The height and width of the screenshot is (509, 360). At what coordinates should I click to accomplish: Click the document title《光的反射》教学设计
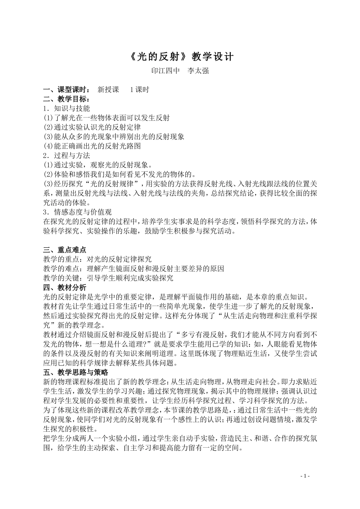[x=180, y=57]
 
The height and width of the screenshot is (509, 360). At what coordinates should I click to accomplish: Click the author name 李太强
[x=199, y=71]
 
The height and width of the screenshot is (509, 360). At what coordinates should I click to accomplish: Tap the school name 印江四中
[x=165, y=71]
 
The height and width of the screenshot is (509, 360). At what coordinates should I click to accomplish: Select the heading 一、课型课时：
[x=67, y=90]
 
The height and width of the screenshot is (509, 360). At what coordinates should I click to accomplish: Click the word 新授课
[x=108, y=90]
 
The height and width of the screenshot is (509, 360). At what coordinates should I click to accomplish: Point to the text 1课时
[x=139, y=90]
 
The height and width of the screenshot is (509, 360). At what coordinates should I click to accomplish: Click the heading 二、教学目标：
[x=67, y=99]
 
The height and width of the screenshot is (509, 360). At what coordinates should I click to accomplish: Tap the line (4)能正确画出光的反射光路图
[x=92, y=146]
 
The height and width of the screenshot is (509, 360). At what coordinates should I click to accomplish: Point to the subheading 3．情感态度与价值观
[x=77, y=212]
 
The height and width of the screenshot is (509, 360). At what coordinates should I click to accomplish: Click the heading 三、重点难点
[x=65, y=250]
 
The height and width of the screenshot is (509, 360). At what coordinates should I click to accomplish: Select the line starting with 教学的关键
[x=108, y=278]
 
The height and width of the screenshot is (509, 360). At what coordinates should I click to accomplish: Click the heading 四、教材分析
[x=65, y=287]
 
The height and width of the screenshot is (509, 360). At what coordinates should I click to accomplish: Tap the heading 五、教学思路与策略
[x=76, y=372]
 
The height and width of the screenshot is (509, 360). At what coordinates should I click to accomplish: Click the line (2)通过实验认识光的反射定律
[x=92, y=127]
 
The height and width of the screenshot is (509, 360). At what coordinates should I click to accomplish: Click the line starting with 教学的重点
[x=97, y=259]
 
